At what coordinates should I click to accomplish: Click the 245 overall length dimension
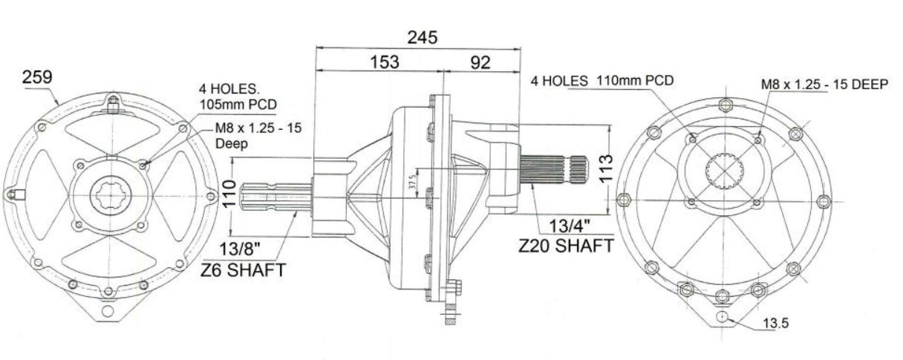[x=422, y=38]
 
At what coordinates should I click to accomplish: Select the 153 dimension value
[x=385, y=62]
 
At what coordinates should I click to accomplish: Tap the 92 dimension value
[x=480, y=62]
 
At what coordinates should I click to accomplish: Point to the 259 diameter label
[x=37, y=76]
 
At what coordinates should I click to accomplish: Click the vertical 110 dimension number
[x=229, y=194]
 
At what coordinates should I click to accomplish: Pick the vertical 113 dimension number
[x=605, y=168]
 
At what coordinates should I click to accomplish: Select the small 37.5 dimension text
[x=412, y=185]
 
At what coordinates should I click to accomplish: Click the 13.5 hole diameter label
[x=775, y=323]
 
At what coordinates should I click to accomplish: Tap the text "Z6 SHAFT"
[x=243, y=269]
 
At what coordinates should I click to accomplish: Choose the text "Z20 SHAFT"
[x=566, y=246]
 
